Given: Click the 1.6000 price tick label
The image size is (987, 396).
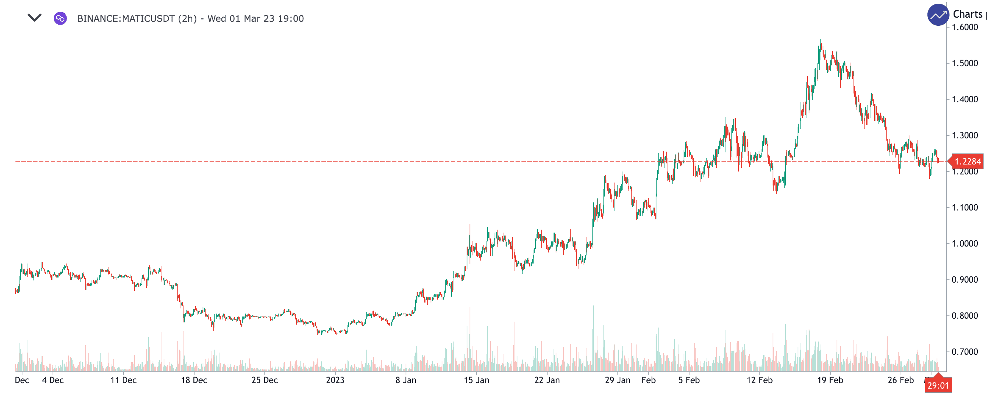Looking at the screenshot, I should coord(965,27).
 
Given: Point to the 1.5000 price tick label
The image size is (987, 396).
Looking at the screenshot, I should coord(965,63).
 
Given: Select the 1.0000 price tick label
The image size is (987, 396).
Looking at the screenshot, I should coord(965,244).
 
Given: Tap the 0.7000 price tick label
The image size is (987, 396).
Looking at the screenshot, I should coord(965,352).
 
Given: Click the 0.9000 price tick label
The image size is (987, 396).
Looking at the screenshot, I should coord(965,280).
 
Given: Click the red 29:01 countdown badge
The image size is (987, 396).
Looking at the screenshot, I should coord(938,386).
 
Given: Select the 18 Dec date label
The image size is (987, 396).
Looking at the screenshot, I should coord(194,380).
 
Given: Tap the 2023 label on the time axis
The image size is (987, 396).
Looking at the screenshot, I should coord(335,380).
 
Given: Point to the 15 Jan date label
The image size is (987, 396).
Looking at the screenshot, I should coord(476,380).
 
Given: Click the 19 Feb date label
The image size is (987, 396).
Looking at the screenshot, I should coord(830,380).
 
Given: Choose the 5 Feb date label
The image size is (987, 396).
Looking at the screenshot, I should coord(689,380).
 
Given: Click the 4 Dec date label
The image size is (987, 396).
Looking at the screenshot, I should coord(53,380).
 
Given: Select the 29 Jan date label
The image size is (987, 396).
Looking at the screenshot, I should coord(617,380).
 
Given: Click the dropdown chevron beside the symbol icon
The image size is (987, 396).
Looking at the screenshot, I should coord(35,18).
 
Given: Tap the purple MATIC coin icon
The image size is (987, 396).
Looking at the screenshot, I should coord(60,18).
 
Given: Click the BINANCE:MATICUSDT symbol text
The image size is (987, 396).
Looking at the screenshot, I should coord(126,19).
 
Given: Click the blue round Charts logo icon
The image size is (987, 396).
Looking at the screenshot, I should coord(938,15).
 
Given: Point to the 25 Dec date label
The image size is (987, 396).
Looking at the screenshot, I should coord(264,380).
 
